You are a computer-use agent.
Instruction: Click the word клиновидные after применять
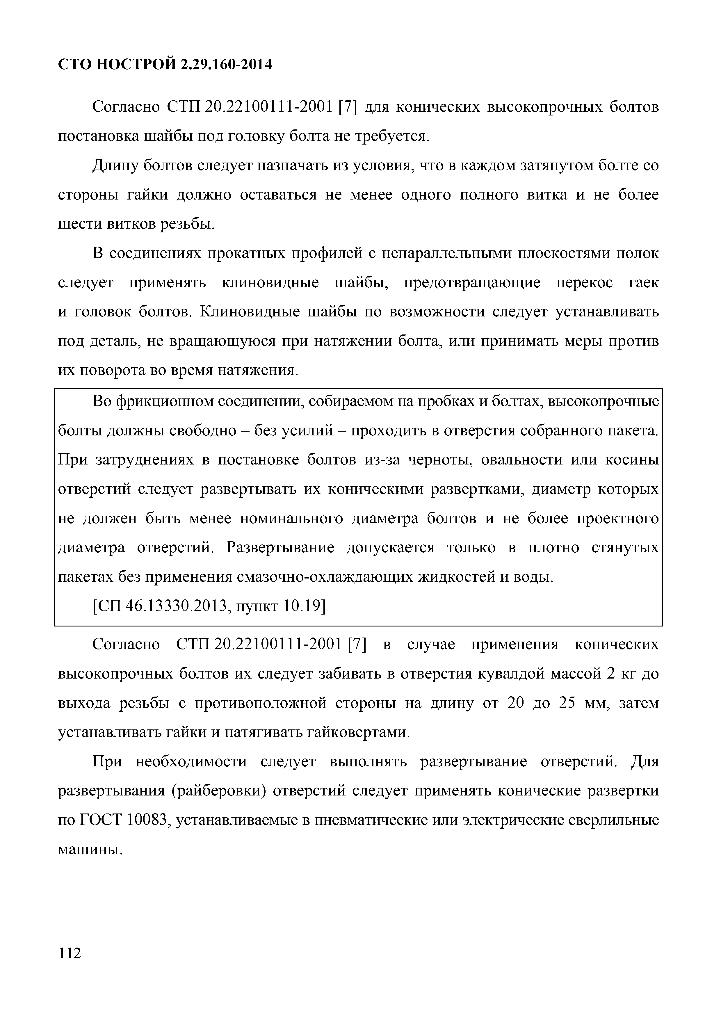tap(270, 283)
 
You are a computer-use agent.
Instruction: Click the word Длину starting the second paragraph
tap(113, 166)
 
